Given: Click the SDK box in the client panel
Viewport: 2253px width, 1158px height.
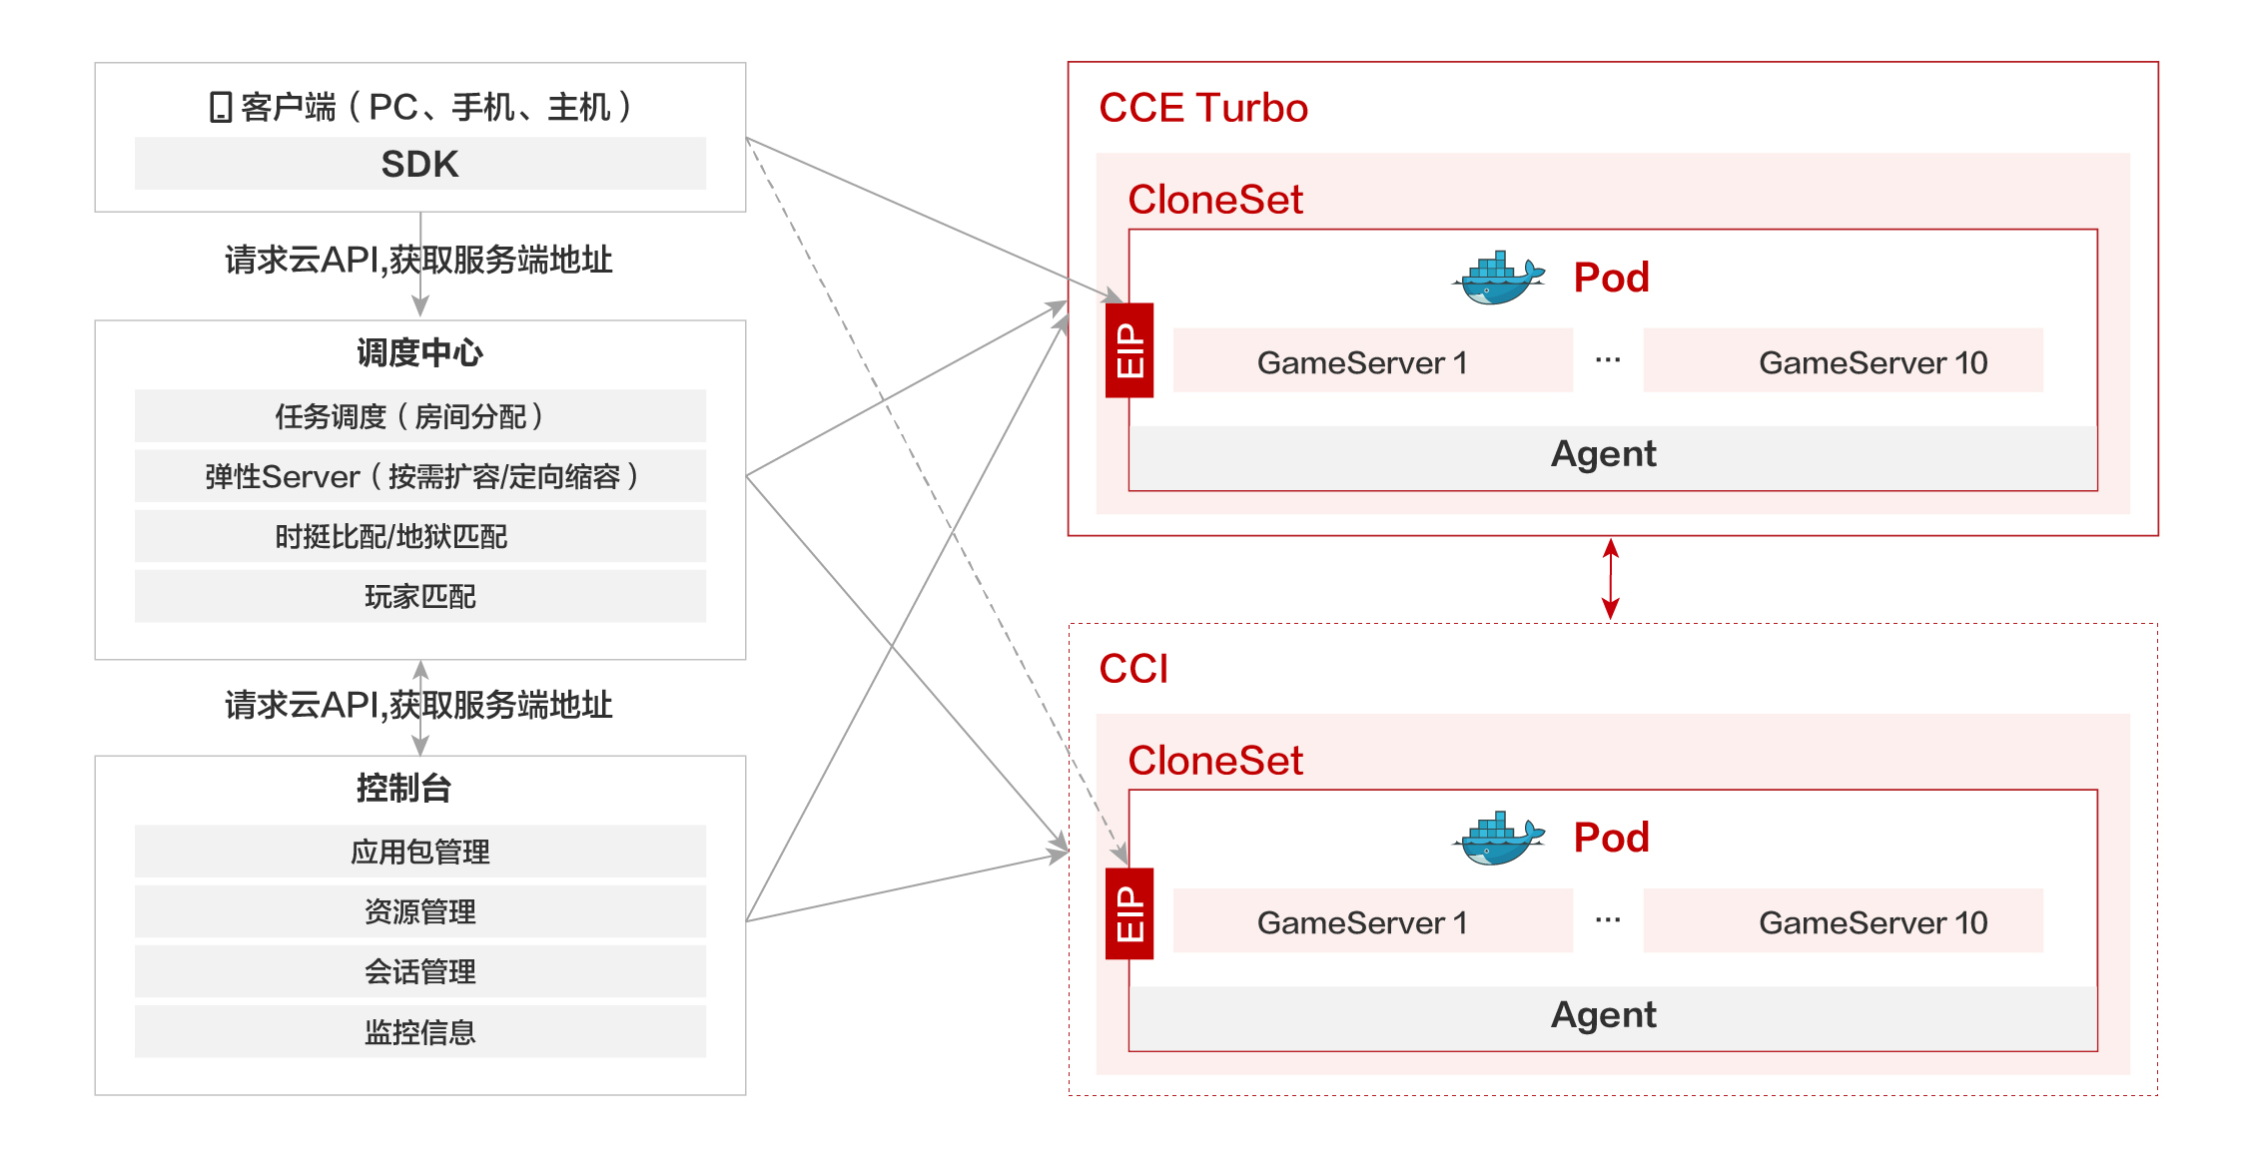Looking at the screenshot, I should [x=419, y=164].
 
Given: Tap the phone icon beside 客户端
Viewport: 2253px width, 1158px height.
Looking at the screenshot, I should [x=221, y=107].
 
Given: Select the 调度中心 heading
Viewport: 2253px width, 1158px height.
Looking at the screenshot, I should [x=419, y=352].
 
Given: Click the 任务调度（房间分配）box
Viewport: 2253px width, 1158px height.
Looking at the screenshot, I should [x=419, y=416].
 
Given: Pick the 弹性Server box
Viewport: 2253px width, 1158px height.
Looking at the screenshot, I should [x=419, y=476].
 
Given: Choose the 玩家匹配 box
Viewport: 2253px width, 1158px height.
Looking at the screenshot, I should [x=419, y=596].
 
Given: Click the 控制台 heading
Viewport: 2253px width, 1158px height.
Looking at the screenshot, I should [x=404, y=788].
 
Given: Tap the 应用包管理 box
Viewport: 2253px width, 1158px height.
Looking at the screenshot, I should [x=419, y=852].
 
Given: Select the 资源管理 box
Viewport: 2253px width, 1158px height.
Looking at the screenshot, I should [x=419, y=911].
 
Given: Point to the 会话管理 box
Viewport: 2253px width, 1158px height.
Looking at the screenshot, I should [x=419, y=971].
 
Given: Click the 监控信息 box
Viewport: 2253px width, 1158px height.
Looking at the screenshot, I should [x=419, y=1031].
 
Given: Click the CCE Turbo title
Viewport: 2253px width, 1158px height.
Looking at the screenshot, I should [x=1202, y=108].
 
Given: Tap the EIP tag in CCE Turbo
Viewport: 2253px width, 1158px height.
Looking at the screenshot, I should [x=1129, y=350].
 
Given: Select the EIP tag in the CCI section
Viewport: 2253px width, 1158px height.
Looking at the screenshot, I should [x=1129, y=913].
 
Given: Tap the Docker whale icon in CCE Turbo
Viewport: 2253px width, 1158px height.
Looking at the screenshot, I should [x=1498, y=278].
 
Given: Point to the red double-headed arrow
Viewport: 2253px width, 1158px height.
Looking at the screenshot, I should [x=1610, y=579].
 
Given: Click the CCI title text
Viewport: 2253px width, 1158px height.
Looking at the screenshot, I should [x=1133, y=669].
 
